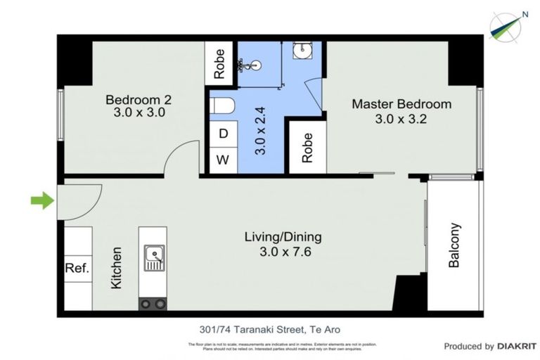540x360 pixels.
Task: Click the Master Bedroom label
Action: [x=401, y=111]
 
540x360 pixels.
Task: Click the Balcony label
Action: [x=454, y=245]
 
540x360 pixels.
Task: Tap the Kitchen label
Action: [x=117, y=267]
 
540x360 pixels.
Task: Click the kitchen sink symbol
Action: [x=153, y=258]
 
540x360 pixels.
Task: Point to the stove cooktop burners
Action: [x=153, y=304]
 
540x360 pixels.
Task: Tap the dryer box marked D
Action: [x=223, y=134]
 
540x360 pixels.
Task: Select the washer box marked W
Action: [x=223, y=160]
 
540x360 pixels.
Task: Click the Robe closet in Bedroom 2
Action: [x=220, y=63]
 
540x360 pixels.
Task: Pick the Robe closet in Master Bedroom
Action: [x=307, y=148]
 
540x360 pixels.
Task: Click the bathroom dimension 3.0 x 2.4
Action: [x=259, y=130]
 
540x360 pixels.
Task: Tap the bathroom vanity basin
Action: [x=304, y=51]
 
